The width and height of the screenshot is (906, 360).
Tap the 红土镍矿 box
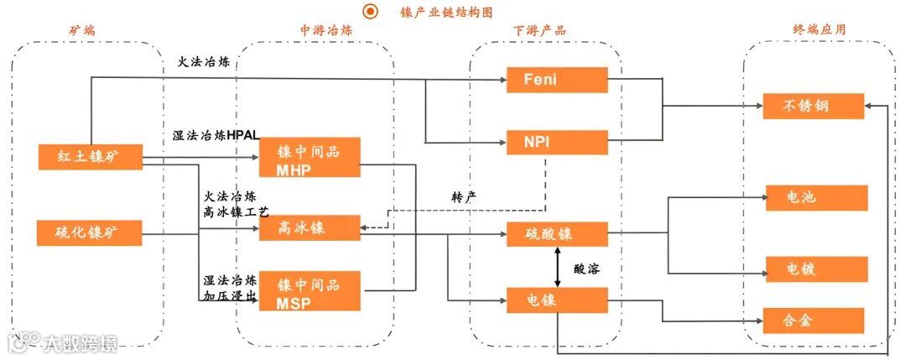point(90,156)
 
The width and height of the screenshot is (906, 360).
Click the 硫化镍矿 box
point(90,232)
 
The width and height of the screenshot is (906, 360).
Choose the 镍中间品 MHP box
point(310,158)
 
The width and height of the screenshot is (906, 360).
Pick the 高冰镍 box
point(310,227)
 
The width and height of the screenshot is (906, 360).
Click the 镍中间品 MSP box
point(310,291)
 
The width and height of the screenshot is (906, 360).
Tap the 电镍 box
point(557,300)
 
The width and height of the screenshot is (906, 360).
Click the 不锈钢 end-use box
point(812,106)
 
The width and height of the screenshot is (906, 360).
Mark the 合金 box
point(812,321)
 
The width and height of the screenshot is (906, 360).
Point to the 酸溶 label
point(587,269)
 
